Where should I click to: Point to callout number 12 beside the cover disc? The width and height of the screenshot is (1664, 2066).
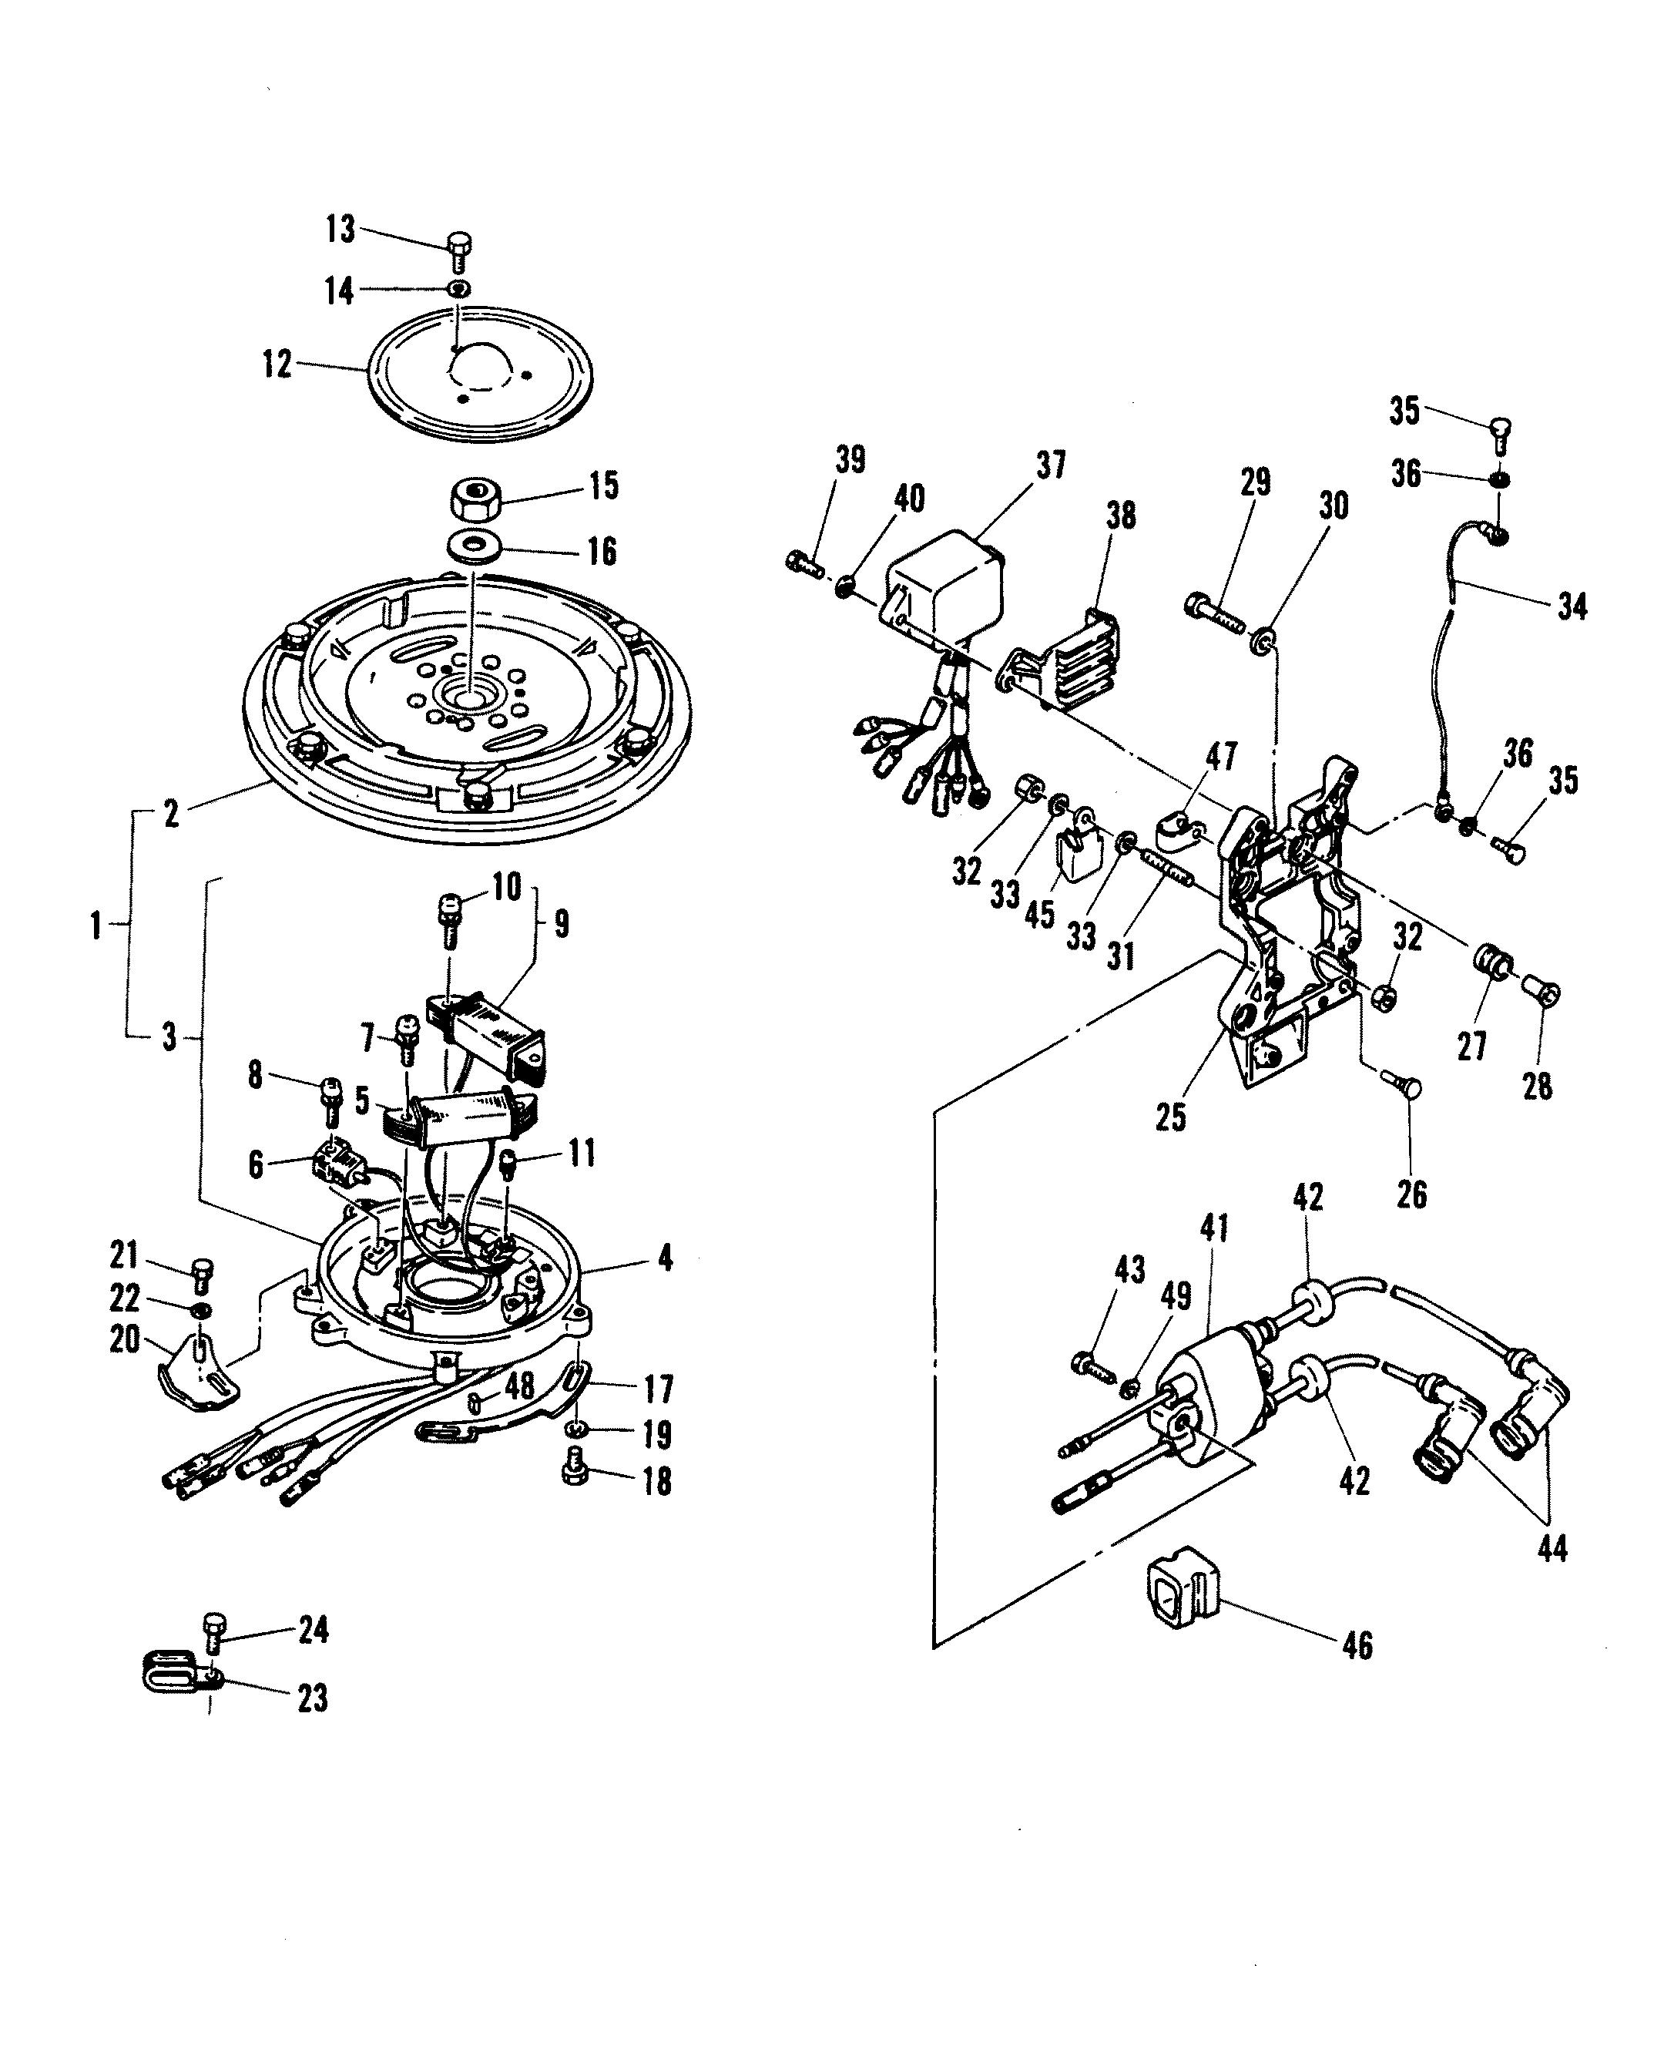coord(277,364)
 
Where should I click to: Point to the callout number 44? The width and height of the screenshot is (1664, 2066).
coord(1552,1548)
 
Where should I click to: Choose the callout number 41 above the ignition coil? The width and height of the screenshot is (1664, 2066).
coord(1214,1228)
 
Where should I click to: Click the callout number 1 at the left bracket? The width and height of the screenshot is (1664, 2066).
coord(95,926)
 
